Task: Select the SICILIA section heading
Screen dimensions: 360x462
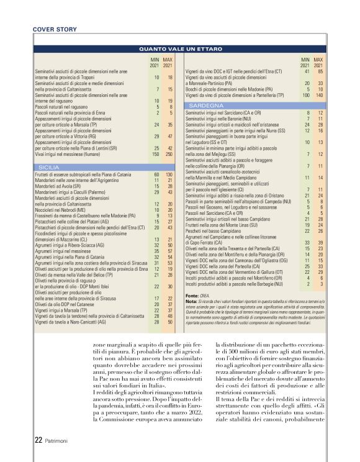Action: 48,168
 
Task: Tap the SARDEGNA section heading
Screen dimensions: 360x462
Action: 201,106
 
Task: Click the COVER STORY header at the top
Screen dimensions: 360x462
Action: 55,29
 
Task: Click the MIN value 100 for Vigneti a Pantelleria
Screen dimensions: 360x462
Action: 305,96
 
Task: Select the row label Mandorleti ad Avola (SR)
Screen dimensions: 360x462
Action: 58,186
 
